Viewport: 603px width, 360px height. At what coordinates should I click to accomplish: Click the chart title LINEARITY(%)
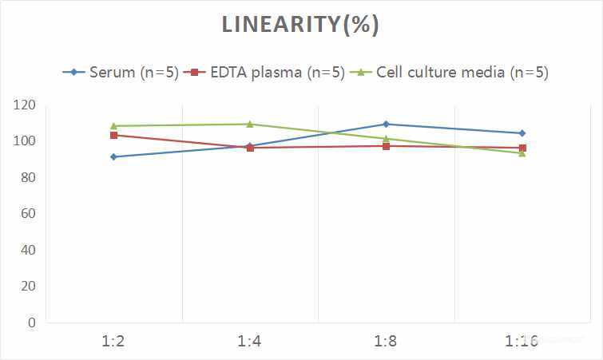tap(300, 25)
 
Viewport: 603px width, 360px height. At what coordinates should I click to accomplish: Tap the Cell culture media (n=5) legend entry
tap(451, 72)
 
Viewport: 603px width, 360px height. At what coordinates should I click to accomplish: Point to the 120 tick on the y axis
tap(25, 105)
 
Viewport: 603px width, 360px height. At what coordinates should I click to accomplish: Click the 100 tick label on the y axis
tap(25, 141)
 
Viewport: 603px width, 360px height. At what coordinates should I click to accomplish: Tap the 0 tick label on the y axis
tap(31, 322)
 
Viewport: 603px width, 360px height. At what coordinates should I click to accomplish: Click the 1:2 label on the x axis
tap(113, 341)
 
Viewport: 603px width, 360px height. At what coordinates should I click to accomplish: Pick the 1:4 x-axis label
tap(250, 341)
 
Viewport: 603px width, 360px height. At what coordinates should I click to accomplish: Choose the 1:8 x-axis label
tap(386, 341)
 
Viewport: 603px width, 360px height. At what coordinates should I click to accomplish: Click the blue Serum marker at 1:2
tap(113, 156)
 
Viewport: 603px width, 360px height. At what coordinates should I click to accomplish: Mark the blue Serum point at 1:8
tap(386, 124)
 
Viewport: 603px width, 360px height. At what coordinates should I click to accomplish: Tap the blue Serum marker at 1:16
tap(522, 133)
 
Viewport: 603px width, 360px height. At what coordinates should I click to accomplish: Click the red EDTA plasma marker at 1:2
tap(113, 135)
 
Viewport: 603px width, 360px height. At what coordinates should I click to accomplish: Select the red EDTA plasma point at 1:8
tap(386, 146)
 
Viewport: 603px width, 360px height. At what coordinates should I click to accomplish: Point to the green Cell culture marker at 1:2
tap(113, 125)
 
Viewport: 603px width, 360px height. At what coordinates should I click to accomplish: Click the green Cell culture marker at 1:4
tap(250, 124)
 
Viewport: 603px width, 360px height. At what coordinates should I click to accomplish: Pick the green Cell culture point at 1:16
tap(522, 153)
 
